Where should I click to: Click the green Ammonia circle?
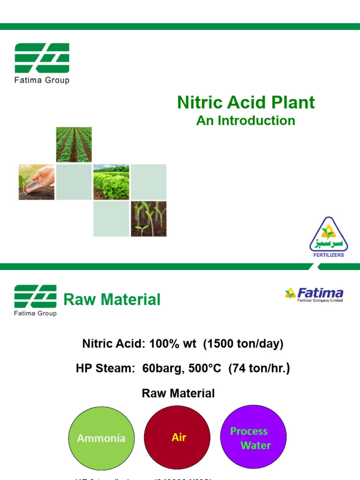(x=101, y=438)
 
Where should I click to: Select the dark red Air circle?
(x=179, y=438)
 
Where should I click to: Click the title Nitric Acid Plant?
(x=246, y=103)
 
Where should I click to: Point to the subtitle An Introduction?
(x=246, y=120)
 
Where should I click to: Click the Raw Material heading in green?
(x=112, y=299)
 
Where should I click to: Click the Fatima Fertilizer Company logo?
(x=314, y=294)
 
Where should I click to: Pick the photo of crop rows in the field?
(x=74, y=144)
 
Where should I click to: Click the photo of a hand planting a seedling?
(x=37, y=182)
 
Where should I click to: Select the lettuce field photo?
(x=111, y=182)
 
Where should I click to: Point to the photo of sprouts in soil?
(x=149, y=219)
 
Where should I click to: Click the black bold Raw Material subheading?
(x=178, y=393)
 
